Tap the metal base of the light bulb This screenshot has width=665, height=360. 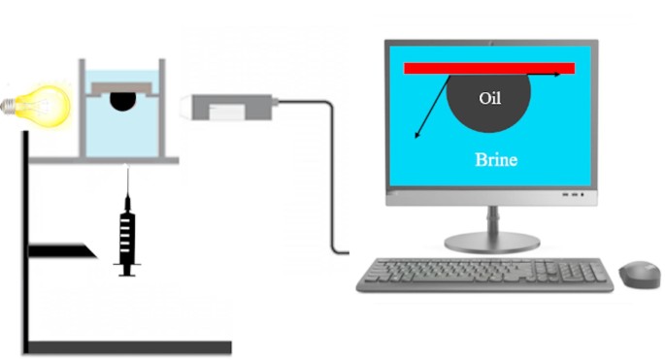(12, 102)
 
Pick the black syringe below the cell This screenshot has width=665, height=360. (126, 233)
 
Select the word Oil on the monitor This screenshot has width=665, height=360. (491, 98)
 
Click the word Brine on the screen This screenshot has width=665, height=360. (496, 160)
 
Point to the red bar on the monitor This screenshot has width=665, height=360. (489, 68)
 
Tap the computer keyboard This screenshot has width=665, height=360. (484, 274)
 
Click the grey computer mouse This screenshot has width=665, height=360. (639, 273)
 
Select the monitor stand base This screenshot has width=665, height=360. (489, 244)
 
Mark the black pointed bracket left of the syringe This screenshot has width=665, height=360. (62, 250)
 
